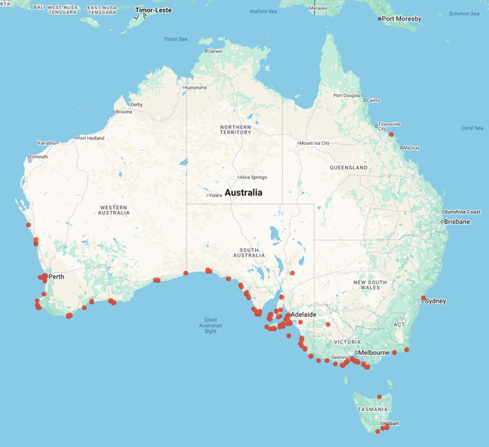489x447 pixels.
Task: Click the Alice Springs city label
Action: click(x=253, y=177)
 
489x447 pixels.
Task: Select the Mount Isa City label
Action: click(x=315, y=143)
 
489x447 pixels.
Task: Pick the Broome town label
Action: click(x=124, y=112)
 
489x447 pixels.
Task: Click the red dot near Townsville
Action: click(x=391, y=134)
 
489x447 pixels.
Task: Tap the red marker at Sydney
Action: click(x=424, y=297)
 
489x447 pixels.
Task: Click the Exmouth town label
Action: click(x=38, y=156)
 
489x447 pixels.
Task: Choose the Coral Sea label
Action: click(x=472, y=128)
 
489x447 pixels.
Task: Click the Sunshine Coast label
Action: click(x=462, y=212)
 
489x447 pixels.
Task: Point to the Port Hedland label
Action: click(x=92, y=138)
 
